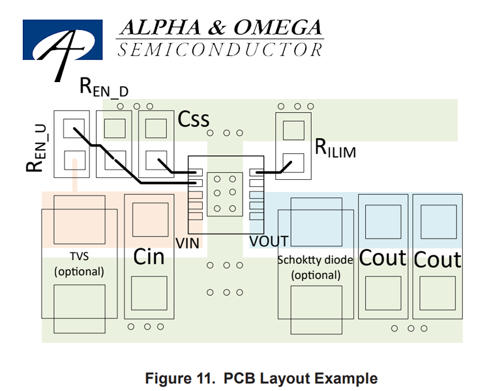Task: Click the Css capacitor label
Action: coord(194,119)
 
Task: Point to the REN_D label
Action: coord(104,87)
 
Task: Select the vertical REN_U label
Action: coord(36,148)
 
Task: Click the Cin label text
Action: coord(149,257)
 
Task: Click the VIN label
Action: coord(187,243)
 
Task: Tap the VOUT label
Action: coord(269,242)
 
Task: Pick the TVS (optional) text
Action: coord(79,264)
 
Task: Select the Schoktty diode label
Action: coord(316,260)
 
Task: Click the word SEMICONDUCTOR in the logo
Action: coord(220,50)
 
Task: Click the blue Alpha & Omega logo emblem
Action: coord(63,40)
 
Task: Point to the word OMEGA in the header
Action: coord(278,27)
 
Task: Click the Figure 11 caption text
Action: coord(261,378)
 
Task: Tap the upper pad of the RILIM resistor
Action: coord(293,130)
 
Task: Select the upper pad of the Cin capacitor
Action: coord(151,220)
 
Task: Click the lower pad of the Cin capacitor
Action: coord(149,293)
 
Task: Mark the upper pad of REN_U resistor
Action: coord(74,128)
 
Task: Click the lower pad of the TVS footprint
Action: coord(80,309)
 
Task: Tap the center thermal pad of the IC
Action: coord(225,194)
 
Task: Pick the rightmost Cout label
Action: coord(437,259)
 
